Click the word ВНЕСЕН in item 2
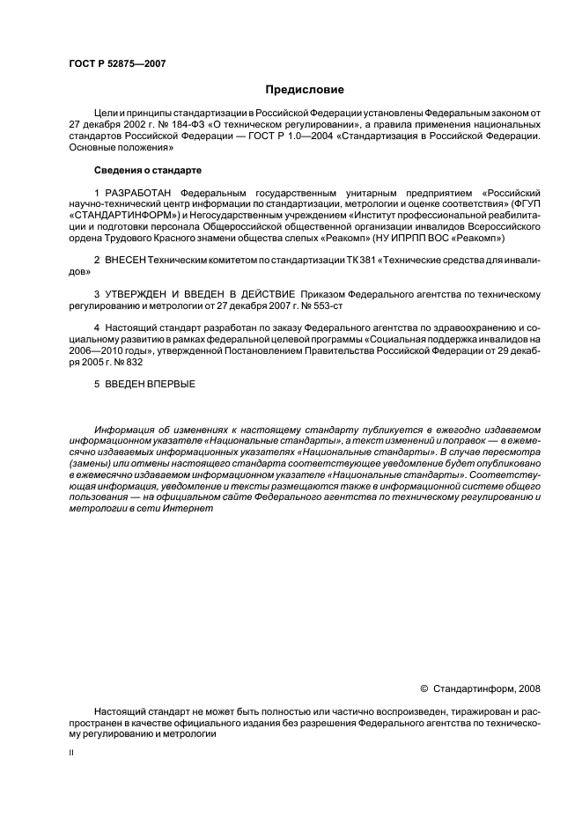coord(125,262)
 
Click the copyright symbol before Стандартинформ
coord(424,688)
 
